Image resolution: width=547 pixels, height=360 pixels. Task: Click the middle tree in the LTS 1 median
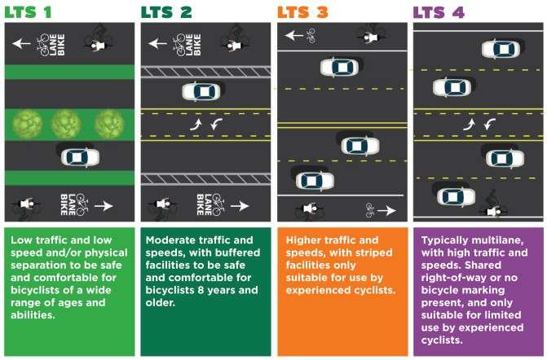coord(67,124)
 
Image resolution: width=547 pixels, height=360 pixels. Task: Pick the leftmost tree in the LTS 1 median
coord(28,124)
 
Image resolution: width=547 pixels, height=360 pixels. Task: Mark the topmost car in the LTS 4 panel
coord(500,49)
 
